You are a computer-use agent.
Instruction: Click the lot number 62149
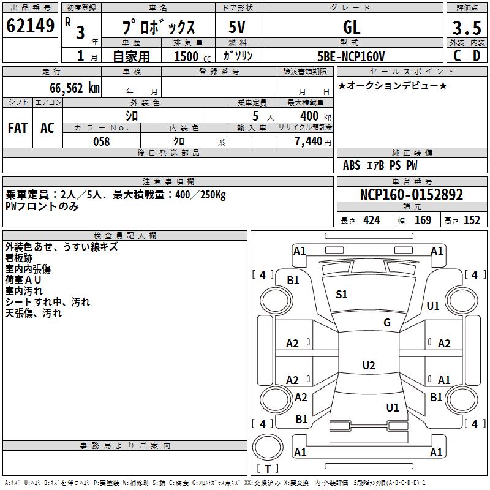[x=30, y=26]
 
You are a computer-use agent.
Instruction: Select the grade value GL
[x=352, y=27]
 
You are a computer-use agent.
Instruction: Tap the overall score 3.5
[x=467, y=28]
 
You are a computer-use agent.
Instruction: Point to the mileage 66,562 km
[x=75, y=88]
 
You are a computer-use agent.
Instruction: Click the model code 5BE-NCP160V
[x=351, y=56]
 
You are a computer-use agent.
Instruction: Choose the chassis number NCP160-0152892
[x=412, y=195]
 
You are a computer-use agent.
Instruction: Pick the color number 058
[x=102, y=141]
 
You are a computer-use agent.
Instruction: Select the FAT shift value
[x=18, y=128]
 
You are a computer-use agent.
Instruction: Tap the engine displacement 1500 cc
[x=192, y=56]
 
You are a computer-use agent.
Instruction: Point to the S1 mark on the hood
[x=342, y=295]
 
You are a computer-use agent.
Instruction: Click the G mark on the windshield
[x=387, y=323]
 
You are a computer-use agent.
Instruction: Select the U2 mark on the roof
[x=369, y=365]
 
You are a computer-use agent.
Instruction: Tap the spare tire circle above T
[x=268, y=447]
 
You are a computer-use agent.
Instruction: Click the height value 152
[x=472, y=221]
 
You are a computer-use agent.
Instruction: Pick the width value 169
[x=423, y=221]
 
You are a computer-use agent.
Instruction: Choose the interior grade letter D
[x=477, y=56]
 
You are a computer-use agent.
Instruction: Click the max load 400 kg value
[x=316, y=116]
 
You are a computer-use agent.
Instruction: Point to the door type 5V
[x=237, y=27]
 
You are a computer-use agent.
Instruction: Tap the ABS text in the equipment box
[x=352, y=165]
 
